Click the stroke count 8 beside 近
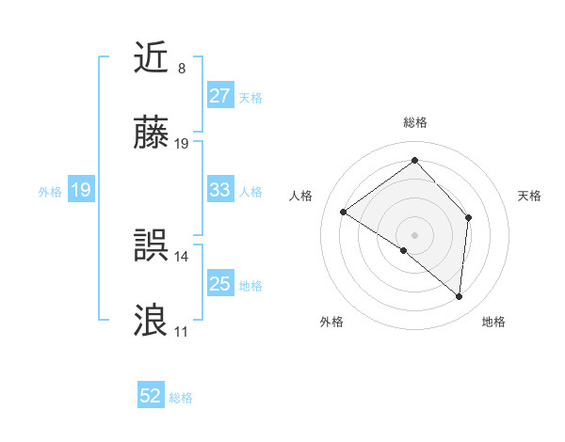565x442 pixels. (x=181, y=69)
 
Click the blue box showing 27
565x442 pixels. (x=219, y=96)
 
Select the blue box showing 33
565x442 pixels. (x=219, y=190)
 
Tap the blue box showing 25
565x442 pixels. (x=219, y=284)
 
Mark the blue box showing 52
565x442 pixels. (x=151, y=397)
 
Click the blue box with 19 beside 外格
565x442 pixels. (x=80, y=191)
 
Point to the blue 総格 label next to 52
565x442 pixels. (x=181, y=398)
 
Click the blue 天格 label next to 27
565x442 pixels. (x=250, y=97)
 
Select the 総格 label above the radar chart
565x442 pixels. (x=414, y=122)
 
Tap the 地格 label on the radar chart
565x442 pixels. (x=493, y=322)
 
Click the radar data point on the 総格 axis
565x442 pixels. (x=414, y=160)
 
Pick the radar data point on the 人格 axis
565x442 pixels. (x=344, y=212)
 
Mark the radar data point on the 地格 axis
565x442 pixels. (x=460, y=296)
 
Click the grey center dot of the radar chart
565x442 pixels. (x=414, y=234)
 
